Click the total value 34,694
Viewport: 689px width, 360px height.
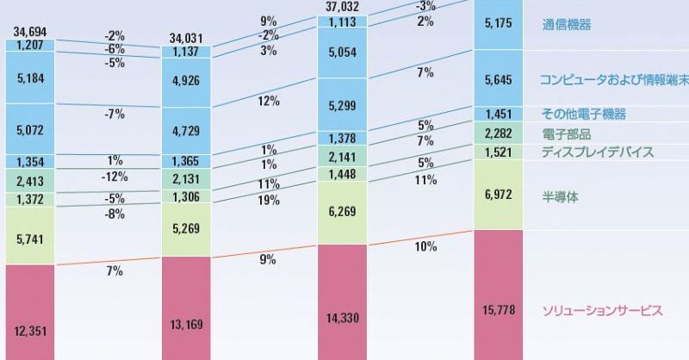coord(30,30)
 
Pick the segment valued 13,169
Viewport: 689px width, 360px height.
coord(186,308)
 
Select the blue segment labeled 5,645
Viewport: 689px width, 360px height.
coord(500,81)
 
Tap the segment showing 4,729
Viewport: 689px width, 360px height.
coord(186,131)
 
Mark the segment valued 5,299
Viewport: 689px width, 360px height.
coord(343,107)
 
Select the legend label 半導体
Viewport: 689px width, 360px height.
coord(561,197)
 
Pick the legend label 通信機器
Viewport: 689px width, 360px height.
coord(568,25)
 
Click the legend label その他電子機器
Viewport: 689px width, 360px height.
coord(584,114)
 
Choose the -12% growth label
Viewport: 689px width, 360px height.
coord(115,177)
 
